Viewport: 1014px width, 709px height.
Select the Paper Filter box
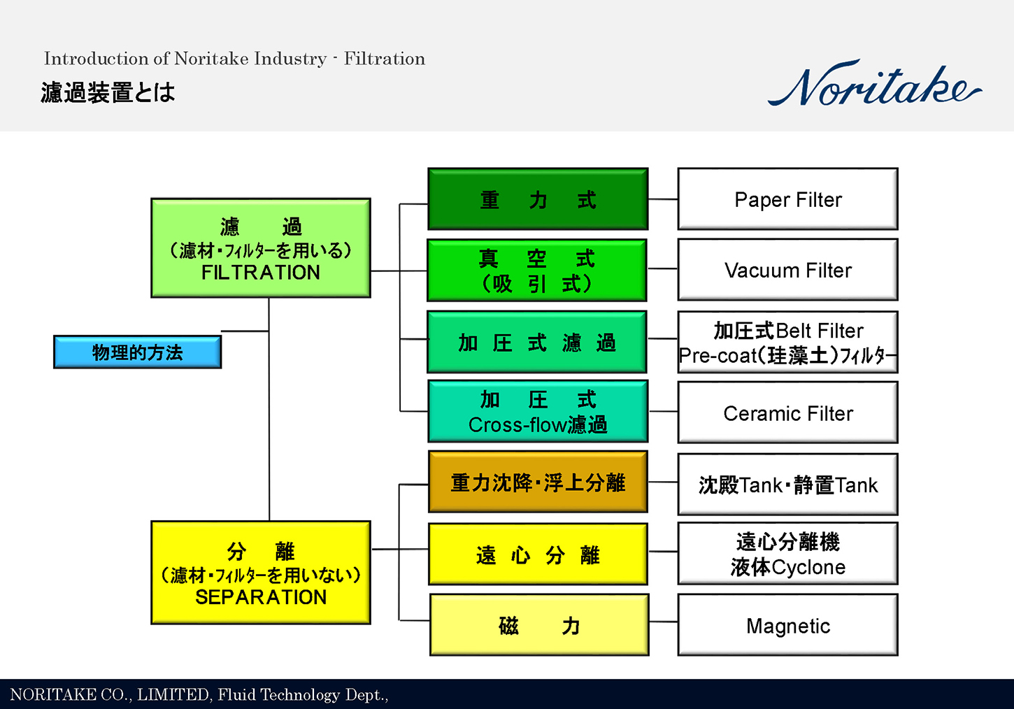[x=787, y=199]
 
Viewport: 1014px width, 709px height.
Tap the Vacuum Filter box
[x=787, y=270]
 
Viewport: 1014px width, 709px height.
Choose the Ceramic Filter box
[x=787, y=413]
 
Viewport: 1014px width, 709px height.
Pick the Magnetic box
[x=787, y=626]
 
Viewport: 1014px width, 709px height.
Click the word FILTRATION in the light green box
[x=261, y=273]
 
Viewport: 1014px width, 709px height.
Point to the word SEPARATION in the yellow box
[x=261, y=597]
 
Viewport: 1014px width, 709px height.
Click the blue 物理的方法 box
[x=138, y=352]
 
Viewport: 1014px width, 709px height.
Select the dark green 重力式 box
[x=538, y=199]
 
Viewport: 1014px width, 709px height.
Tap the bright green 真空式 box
[x=537, y=271]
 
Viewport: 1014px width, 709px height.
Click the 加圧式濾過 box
[x=537, y=343]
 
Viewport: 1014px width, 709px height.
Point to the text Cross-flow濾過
[x=538, y=425]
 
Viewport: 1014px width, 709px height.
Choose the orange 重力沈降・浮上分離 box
[x=538, y=482]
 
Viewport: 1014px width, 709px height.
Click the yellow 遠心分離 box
[x=538, y=554]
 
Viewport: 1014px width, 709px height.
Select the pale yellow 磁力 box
[x=539, y=625]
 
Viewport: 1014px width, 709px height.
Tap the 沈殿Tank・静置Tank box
[x=787, y=485]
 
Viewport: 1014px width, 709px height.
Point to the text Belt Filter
[x=820, y=331]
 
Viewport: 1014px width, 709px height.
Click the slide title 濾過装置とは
[x=108, y=92]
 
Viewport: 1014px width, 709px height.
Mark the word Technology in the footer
[x=301, y=694]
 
